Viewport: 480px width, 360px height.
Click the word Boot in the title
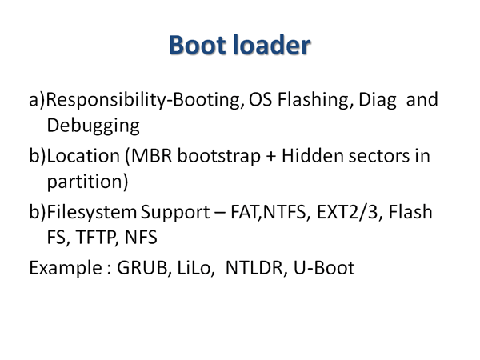pyautogui.click(x=198, y=45)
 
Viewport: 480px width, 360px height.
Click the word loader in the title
pyautogui.click(x=272, y=45)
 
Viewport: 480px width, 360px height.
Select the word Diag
pyautogui.click(x=377, y=100)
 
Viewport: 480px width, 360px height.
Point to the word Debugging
pyautogui.click(x=94, y=126)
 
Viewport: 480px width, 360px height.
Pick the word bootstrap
pyautogui.click(x=219, y=156)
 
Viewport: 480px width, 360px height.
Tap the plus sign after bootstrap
pyautogui.click(x=271, y=157)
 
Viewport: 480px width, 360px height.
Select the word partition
pyautogui.click(x=85, y=182)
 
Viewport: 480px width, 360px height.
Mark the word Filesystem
pyautogui.click(x=92, y=212)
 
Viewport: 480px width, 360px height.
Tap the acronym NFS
pyautogui.click(x=141, y=238)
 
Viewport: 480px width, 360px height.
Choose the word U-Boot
pyautogui.click(x=324, y=268)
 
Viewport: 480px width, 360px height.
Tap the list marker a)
pyautogui.click(x=37, y=100)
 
